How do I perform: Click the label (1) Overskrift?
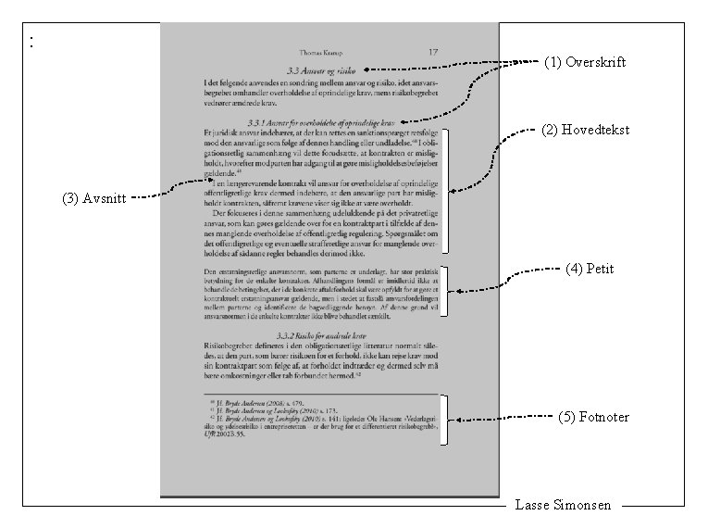click(x=584, y=63)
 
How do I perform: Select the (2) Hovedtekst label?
click(x=583, y=131)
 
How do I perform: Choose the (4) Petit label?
click(x=589, y=270)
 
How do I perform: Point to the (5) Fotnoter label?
click(x=593, y=418)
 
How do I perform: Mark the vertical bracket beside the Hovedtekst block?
click(x=446, y=192)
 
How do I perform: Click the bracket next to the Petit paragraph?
click(x=446, y=292)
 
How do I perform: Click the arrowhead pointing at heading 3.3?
click(x=368, y=69)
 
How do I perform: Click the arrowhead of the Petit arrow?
click(x=457, y=292)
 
